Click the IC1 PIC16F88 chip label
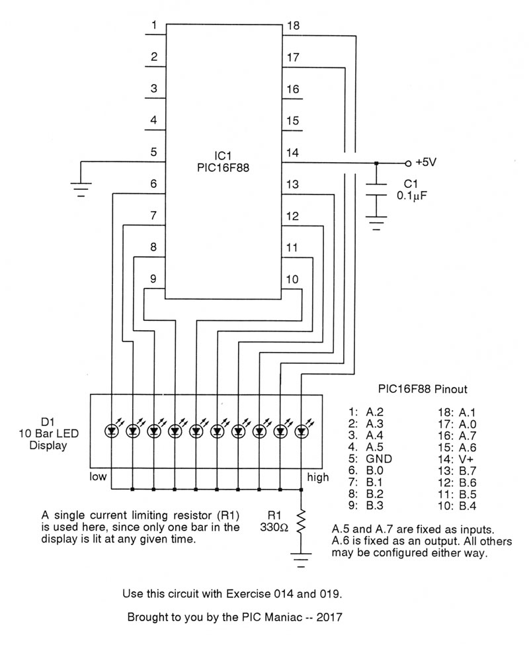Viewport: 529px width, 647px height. tap(223, 161)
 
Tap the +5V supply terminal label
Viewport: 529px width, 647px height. tap(425, 162)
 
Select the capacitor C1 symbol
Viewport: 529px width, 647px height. tap(376, 189)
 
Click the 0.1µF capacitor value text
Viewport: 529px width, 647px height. tap(411, 195)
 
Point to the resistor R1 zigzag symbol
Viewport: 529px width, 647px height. tap(302, 521)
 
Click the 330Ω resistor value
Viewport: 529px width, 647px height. tap(274, 527)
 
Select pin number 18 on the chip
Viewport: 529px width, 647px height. tap(293, 26)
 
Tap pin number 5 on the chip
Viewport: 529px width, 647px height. tap(153, 152)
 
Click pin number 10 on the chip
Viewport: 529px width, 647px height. tap(292, 279)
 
